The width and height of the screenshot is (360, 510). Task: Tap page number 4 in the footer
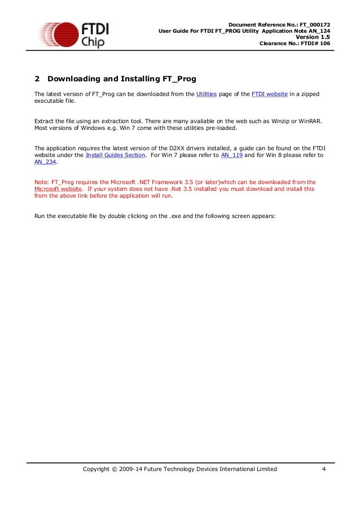pos(323,469)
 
